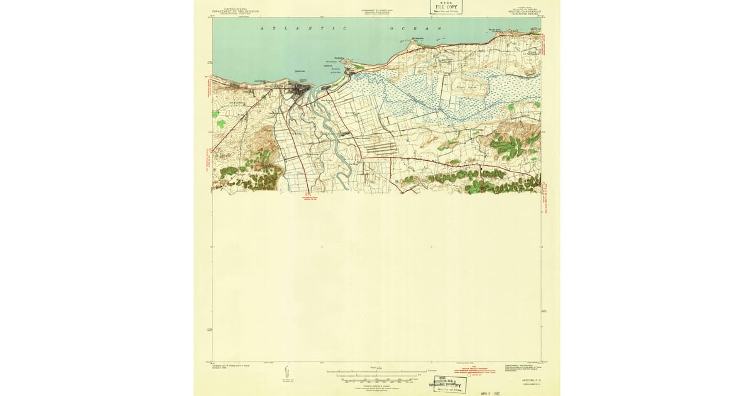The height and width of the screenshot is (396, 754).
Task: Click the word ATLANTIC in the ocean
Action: pos(304,29)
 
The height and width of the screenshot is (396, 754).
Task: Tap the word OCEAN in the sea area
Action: pos(412,29)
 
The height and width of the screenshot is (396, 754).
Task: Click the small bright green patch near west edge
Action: pos(221,123)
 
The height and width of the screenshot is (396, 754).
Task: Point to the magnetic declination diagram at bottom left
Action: pos(287,375)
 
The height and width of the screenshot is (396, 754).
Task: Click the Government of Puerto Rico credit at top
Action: pos(377,12)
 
